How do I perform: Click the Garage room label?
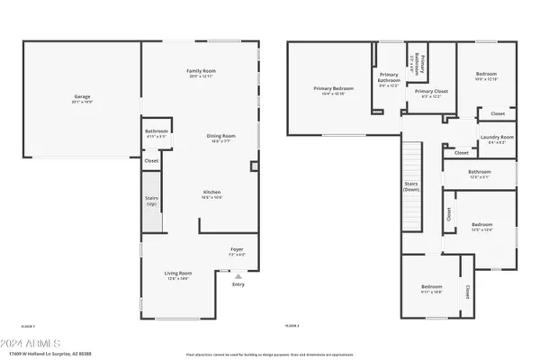82,96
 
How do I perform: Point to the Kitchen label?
211,193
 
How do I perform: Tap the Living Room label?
177,274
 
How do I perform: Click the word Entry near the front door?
238,284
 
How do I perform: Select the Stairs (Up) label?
151,202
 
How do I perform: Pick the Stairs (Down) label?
410,185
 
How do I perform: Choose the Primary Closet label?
431,92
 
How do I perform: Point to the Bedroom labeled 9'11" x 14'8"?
432,288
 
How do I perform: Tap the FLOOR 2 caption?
292,325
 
